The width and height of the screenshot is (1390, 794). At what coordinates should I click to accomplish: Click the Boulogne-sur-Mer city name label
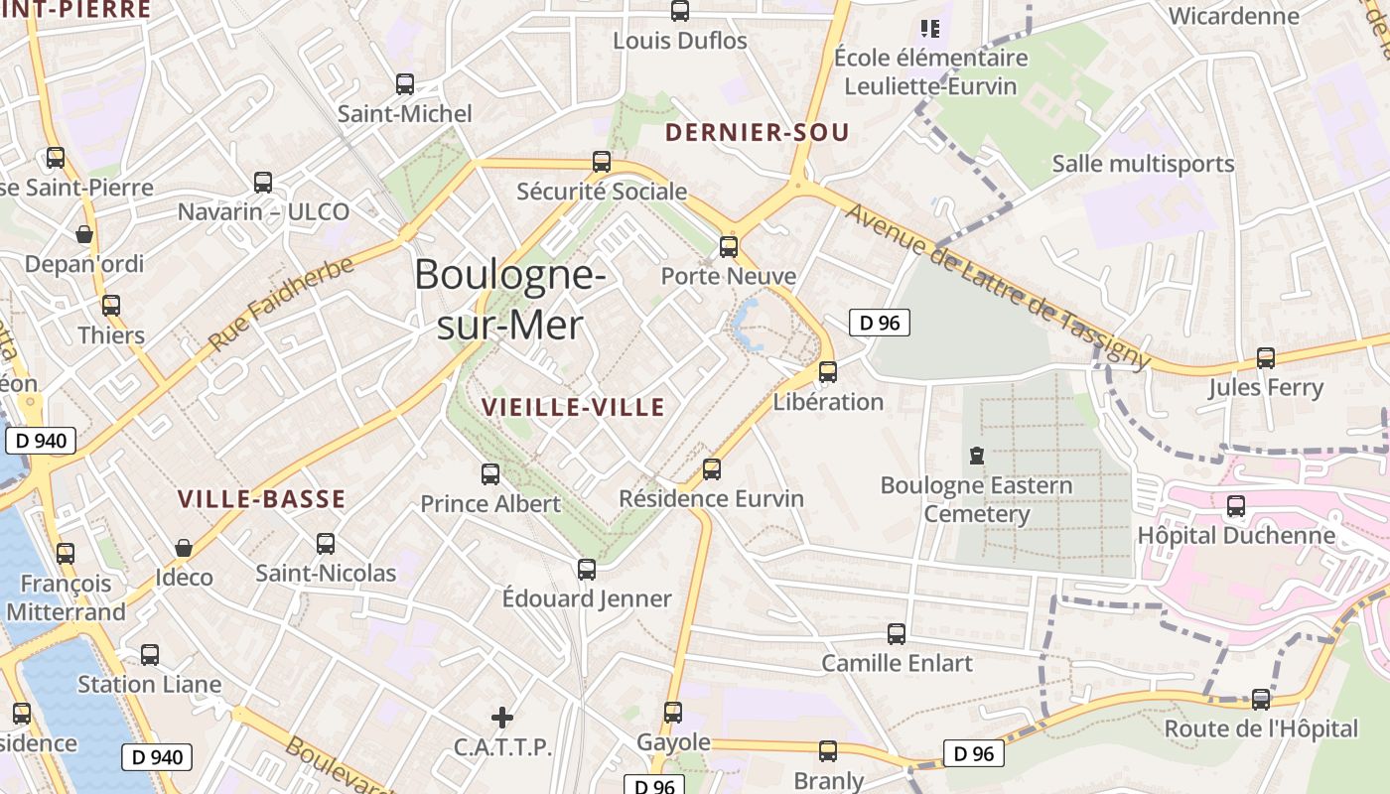(x=509, y=299)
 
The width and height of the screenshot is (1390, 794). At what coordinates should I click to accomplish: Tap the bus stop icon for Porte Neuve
(x=729, y=247)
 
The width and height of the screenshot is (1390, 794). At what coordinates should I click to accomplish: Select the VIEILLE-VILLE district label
(x=573, y=407)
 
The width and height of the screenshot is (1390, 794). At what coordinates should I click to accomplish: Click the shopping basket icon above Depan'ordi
(x=84, y=234)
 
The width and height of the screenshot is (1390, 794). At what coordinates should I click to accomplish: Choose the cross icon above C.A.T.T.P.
(x=502, y=717)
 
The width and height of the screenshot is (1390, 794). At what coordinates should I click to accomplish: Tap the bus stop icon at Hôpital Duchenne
(x=1236, y=506)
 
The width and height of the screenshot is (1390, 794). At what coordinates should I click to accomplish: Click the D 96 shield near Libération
(x=879, y=323)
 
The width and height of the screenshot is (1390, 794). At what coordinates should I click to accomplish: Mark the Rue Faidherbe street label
(x=280, y=304)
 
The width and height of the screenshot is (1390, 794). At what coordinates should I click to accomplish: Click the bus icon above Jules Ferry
(x=1266, y=358)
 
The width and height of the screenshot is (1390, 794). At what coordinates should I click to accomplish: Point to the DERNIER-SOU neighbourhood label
(x=757, y=133)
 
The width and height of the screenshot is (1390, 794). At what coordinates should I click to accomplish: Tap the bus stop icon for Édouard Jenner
(x=587, y=570)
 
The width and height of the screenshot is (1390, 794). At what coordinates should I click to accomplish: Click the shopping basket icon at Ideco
(x=184, y=548)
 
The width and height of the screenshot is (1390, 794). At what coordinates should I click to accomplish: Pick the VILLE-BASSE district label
(x=261, y=499)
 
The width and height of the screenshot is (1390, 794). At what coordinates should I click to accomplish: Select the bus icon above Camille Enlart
(x=897, y=633)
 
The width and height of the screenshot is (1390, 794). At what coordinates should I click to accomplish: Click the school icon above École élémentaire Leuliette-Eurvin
(x=930, y=28)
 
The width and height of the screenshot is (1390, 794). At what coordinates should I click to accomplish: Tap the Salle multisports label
(x=1143, y=164)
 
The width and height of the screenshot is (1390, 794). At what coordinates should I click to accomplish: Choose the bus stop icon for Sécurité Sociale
(x=602, y=162)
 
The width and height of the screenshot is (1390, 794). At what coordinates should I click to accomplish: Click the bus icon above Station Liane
(x=150, y=655)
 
